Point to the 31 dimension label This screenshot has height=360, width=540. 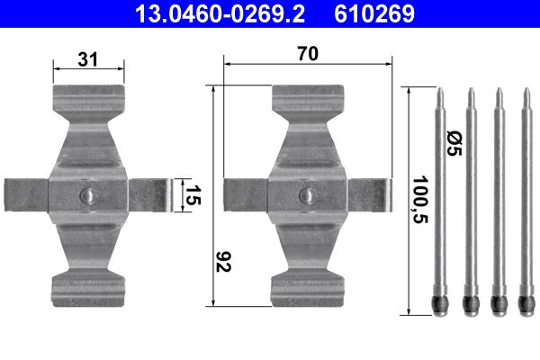pos(87,60)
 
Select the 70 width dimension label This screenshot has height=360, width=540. pos(308,54)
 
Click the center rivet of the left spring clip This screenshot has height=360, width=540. pos(87,195)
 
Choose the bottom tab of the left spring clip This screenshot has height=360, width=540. pos(87,285)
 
